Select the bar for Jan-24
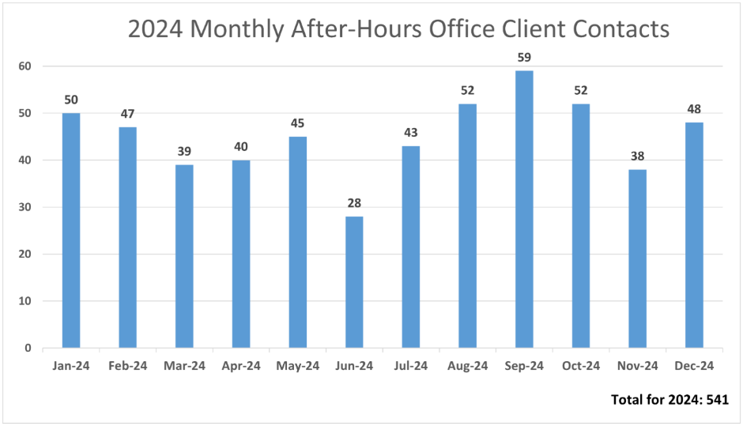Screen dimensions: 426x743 (71, 230)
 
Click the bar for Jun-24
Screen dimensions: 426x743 (354, 282)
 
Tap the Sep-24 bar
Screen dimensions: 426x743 (524, 209)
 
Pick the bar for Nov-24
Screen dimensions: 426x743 (637, 258)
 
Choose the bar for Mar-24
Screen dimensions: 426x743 (184, 256)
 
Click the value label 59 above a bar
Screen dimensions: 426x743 (524, 57)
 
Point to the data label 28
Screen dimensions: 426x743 (354, 203)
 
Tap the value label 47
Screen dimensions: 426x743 (128, 114)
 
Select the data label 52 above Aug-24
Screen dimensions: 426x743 (467, 90)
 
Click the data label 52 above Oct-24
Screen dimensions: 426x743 (580, 90)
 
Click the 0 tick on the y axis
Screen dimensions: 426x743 (27, 348)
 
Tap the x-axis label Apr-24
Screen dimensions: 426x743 (241, 366)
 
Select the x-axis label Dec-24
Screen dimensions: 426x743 (694, 366)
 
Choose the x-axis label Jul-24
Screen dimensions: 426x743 (411, 366)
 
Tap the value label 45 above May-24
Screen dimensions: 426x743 (297, 123)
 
